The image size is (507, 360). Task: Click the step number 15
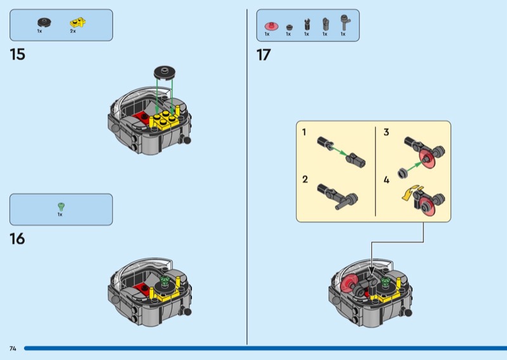point(18,55)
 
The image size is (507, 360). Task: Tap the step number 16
point(17,239)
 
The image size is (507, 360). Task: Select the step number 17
point(264,55)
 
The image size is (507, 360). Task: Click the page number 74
point(13,349)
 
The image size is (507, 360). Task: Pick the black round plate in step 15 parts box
point(44,22)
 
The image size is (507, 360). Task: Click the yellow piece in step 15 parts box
point(78,23)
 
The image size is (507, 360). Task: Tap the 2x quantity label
point(73,31)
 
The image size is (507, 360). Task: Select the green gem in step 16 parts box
point(61,207)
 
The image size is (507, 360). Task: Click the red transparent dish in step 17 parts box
point(272,26)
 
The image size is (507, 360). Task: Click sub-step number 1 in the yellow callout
point(304,132)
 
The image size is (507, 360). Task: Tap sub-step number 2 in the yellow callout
point(305,179)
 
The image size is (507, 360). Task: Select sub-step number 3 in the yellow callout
point(387,132)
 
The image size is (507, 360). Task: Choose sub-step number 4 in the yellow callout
point(387,180)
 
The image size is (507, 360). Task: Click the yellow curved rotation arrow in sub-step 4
point(409,193)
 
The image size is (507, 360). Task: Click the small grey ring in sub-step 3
point(403,173)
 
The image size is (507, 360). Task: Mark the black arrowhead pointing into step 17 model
point(371,271)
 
